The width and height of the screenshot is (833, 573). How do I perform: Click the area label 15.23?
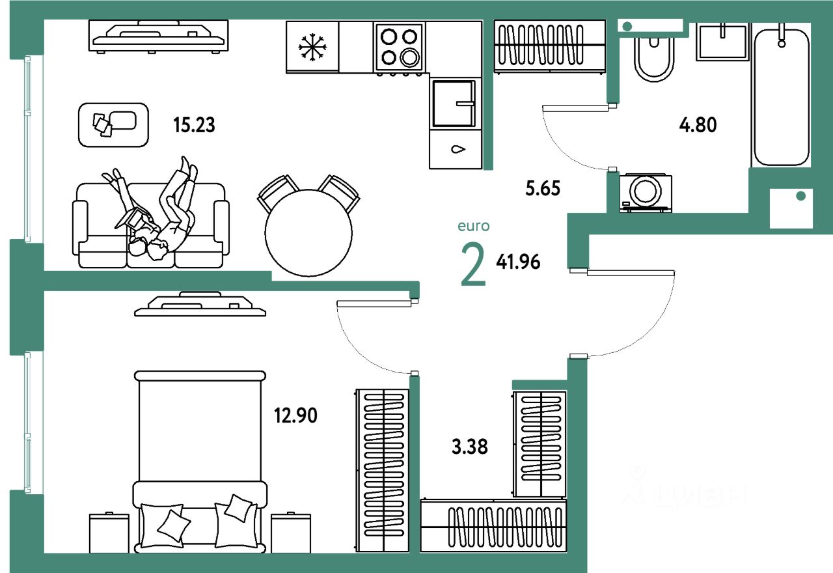pyautogui.click(x=194, y=124)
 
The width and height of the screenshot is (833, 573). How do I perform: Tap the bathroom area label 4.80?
pyautogui.click(x=698, y=124)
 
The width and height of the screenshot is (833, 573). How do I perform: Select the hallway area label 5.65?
pyautogui.click(x=543, y=189)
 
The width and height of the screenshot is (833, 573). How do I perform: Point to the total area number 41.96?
pyautogui.click(x=518, y=262)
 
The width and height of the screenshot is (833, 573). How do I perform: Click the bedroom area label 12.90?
pyautogui.click(x=295, y=415)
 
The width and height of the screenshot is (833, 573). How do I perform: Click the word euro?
pyautogui.click(x=473, y=227)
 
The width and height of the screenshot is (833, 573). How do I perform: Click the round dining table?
pyautogui.click(x=308, y=232)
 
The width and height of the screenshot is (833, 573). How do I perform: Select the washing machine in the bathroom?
pyautogui.click(x=646, y=193)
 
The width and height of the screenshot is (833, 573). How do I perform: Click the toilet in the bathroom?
pyautogui.click(x=654, y=59)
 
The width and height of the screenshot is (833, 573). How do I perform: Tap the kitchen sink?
pyautogui.click(x=455, y=103)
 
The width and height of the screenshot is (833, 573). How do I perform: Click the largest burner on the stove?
pyautogui.click(x=410, y=58)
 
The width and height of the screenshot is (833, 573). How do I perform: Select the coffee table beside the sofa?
pyautogui.click(x=113, y=124)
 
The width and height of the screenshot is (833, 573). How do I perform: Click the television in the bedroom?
pyautogui.click(x=200, y=305)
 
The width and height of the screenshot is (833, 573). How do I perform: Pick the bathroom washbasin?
pyautogui.click(x=722, y=42)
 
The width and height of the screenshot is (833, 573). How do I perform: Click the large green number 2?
pyautogui.click(x=473, y=264)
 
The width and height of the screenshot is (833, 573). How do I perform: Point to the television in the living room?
pyautogui.click(x=159, y=36)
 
